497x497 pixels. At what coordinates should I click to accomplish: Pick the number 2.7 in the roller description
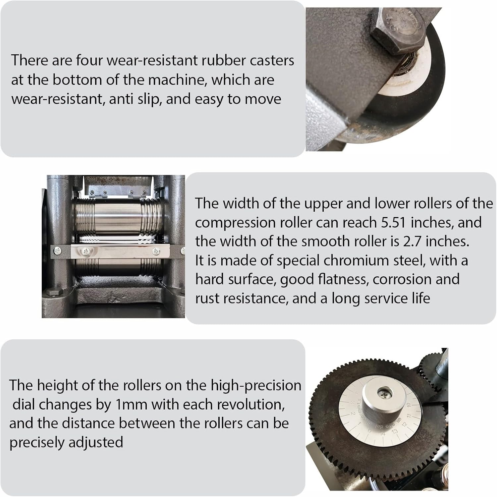tap(413, 241)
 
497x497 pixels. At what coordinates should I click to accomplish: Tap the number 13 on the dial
tap(394, 431)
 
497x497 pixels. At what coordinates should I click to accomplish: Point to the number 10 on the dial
tap(409, 405)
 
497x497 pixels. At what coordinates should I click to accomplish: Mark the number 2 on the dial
tap(353, 414)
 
